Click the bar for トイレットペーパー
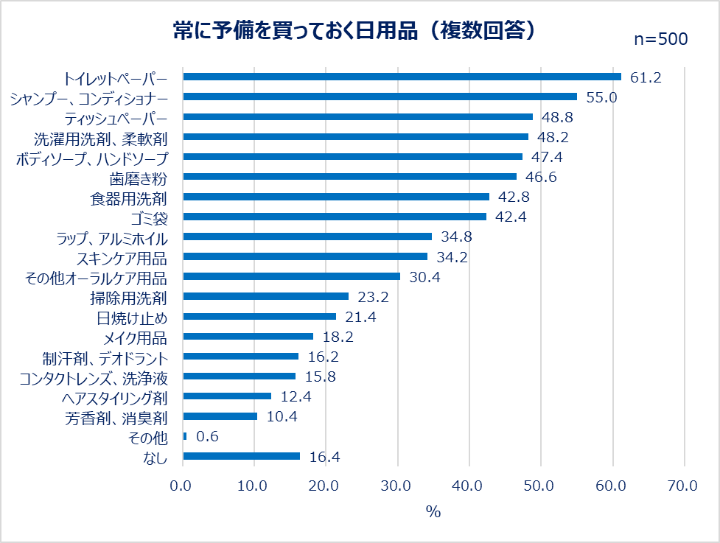pos(402,77)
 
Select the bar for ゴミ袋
pos(335,217)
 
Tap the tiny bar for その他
pos(185,436)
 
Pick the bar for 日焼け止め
pos(259,316)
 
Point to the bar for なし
pos(242,456)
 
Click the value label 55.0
pos(601,97)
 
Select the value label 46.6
pos(540,177)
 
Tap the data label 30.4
pos(424,276)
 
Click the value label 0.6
pos(207,436)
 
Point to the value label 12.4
pos(296,396)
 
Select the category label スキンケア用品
pos(122,257)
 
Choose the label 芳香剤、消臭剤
pos(116,417)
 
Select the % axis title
pos(433,512)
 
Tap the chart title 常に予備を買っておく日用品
pos(354,31)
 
